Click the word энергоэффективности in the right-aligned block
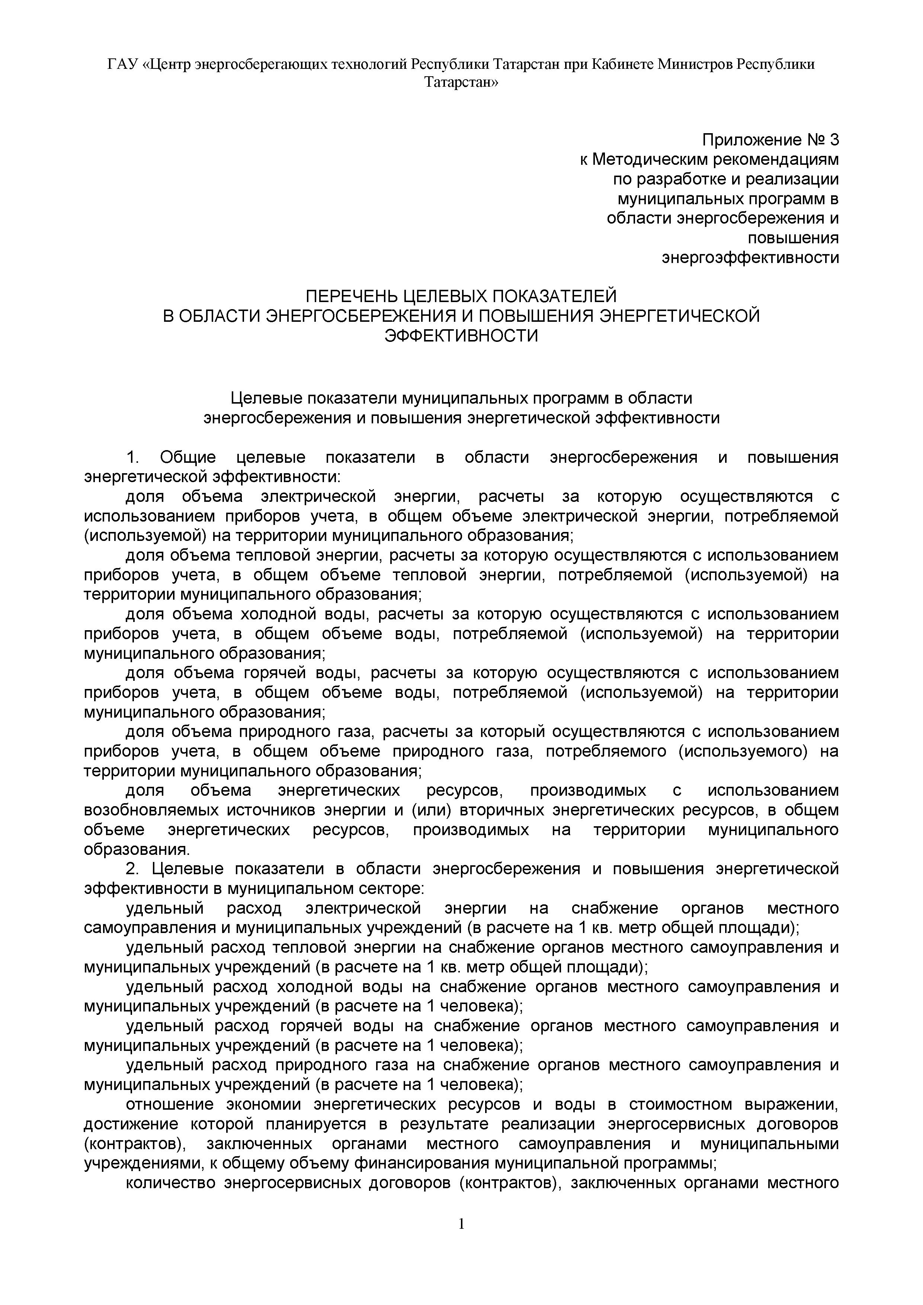[x=750, y=257]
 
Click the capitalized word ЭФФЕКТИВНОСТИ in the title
[x=461, y=335]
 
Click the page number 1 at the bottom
[x=461, y=1240]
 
